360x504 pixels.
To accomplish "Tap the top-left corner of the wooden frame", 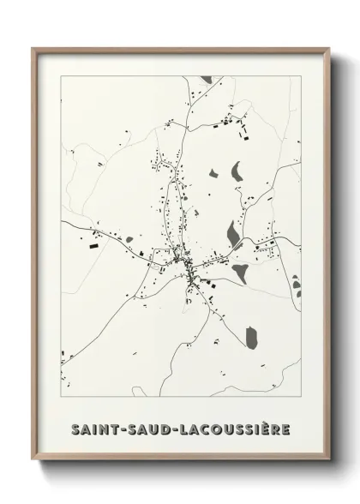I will pyautogui.click(x=33, y=49).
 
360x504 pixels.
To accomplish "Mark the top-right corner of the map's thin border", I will pyautogui.click(x=303, y=77).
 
